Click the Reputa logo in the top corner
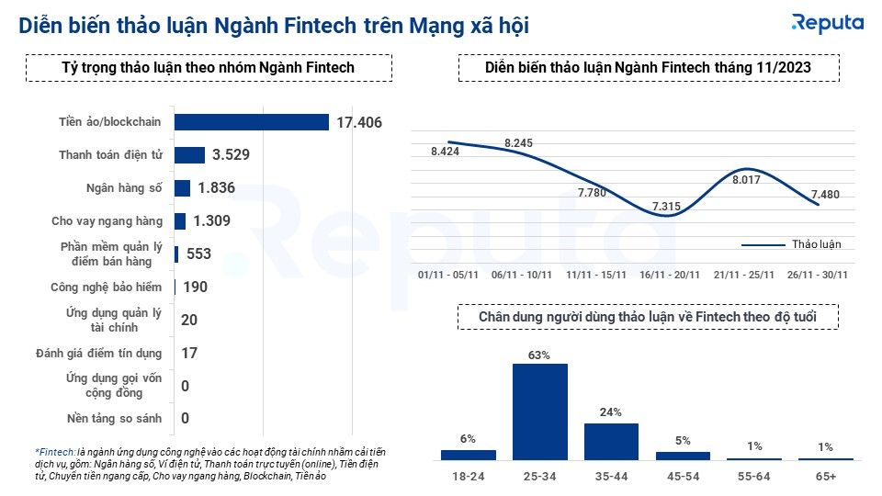[x=827, y=23]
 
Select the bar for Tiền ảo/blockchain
[x=251, y=122]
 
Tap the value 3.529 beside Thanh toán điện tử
[x=231, y=155]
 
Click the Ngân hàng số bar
[x=182, y=188]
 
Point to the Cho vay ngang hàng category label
[x=107, y=221]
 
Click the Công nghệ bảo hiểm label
[x=107, y=287]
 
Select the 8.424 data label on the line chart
[x=445, y=152]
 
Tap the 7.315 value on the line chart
[x=666, y=207]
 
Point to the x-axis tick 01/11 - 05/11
[x=447, y=274]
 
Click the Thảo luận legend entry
[x=792, y=244]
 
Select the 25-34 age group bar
[x=540, y=411]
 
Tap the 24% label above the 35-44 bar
[x=612, y=412]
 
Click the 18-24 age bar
[x=468, y=454]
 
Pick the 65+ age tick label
[x=825, y=478]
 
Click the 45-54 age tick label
[x=683, y=478]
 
